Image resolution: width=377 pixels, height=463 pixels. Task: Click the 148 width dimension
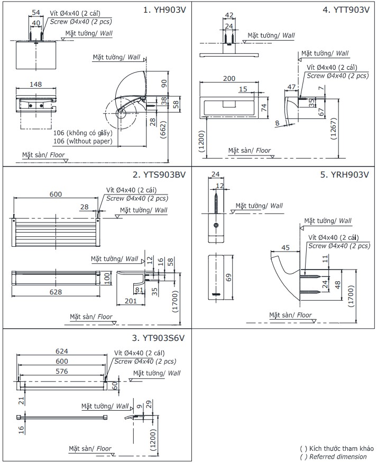[x=35, y=85]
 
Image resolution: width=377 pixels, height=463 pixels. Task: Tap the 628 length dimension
[x=56, y=292]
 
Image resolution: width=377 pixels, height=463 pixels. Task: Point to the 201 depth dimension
[x=130, y=301]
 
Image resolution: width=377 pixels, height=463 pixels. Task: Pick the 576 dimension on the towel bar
[x=63, y=372]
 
